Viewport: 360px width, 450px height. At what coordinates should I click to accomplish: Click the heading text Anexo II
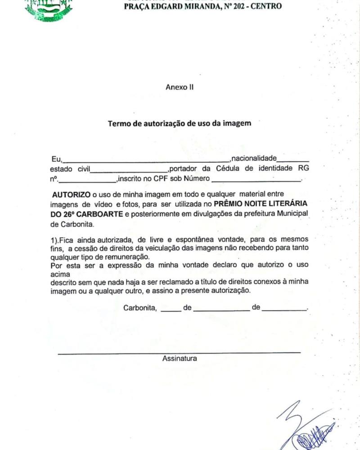(x=179, y=87)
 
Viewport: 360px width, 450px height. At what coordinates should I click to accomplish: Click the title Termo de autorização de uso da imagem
(x=179, y=123)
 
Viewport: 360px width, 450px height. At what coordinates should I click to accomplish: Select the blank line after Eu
(x=146, y=160)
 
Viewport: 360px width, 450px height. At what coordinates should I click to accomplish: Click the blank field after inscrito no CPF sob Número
(x=256, y=180)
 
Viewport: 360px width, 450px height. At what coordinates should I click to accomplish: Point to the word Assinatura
(x=180, y=359)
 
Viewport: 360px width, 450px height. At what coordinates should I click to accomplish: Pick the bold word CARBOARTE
(x=101, y=213)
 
